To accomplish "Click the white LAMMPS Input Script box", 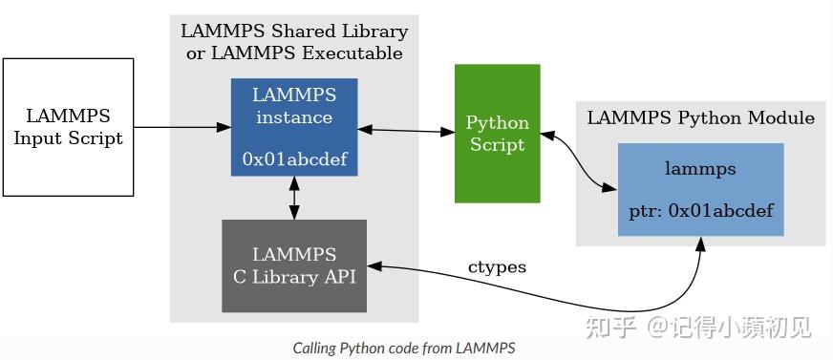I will point(68,127).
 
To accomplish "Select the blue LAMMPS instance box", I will point(294,127).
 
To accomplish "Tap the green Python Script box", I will point(497,134).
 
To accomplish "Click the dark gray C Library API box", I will point(294,265).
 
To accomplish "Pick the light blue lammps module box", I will point(700,189).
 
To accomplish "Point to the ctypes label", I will point(497,267).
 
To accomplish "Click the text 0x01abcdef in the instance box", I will point(294,159).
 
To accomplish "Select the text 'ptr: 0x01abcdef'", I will point(700,210).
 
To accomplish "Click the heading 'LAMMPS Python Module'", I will point(700,118).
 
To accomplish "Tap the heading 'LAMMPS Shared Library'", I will point(294,32).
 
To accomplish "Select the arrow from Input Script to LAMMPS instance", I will point(182,127).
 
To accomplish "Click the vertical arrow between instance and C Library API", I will point(294,198).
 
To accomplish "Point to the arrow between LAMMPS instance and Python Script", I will point(405,129).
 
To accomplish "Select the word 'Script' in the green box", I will point(497,145).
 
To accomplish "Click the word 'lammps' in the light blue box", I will point(700,169).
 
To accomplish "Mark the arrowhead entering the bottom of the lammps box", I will point(700,244).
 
